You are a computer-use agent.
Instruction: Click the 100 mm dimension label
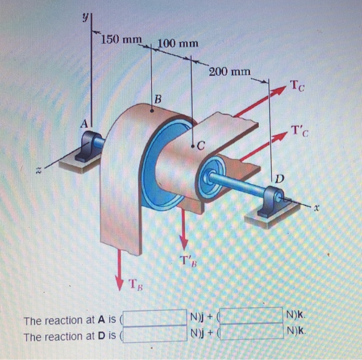[176, 43]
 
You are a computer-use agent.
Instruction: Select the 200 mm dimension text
[230, 71]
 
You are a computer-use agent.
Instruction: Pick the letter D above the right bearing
[279, 179]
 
